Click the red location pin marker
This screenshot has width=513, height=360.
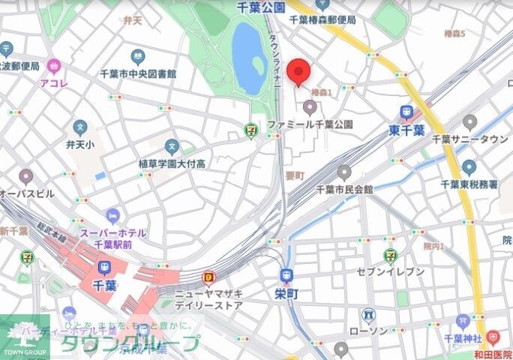299,71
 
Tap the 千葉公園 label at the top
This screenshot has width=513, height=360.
261,7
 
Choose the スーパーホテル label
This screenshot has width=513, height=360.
115,232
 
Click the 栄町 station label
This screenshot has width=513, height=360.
286,294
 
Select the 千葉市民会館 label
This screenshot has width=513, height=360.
344,189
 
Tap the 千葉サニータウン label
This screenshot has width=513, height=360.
470,139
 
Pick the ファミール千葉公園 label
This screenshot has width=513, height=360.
310,124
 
